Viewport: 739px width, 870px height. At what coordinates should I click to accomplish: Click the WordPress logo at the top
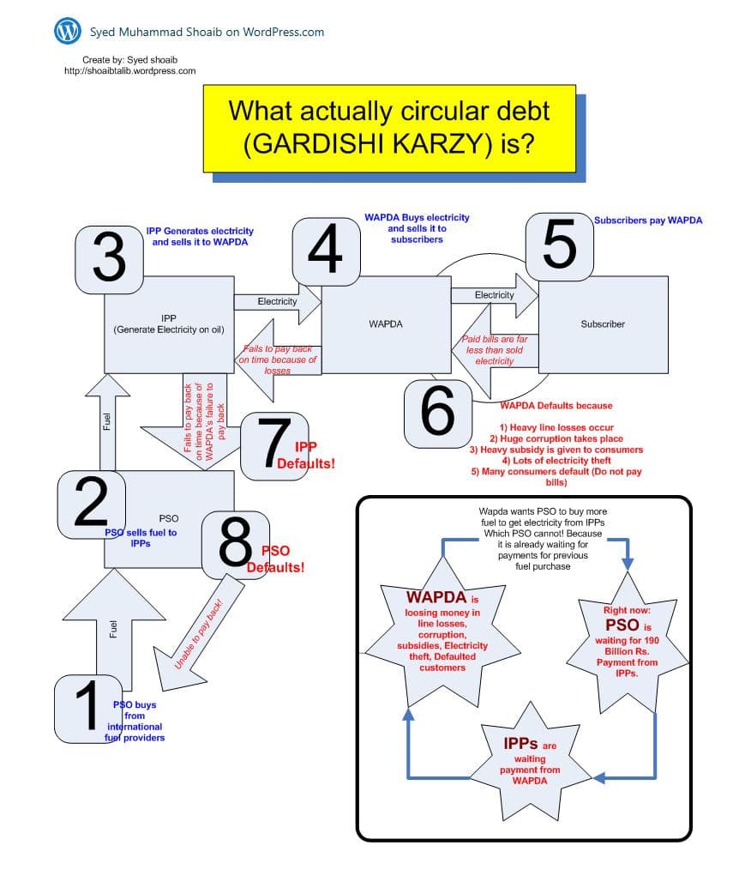point(68,31)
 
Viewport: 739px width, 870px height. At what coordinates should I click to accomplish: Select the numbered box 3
point(109,257)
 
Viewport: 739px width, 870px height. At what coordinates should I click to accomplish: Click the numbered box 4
point(324,249)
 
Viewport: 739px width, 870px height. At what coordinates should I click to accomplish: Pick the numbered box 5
point(559,246)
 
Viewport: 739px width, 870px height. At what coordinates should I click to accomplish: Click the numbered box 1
point(87,708)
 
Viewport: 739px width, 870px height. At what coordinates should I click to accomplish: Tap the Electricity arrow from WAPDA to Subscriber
point(494,296)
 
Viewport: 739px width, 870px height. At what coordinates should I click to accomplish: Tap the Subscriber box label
point(602,324)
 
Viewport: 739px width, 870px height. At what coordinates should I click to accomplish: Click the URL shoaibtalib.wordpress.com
point(130,70)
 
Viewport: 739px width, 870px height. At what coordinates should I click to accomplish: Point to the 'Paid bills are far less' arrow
point(493,350)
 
